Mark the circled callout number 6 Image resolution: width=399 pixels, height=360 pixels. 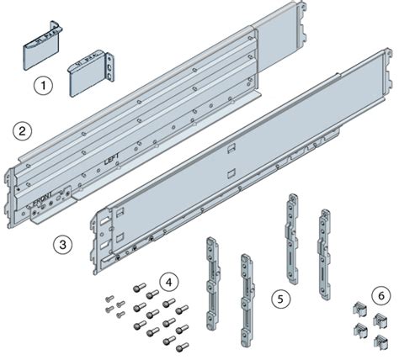[x=380, y=296]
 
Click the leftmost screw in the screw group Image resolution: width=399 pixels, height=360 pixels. [x=109, y=299]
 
